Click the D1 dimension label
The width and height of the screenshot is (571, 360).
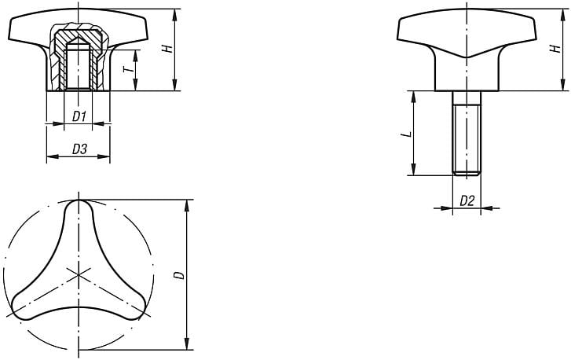(78, 116)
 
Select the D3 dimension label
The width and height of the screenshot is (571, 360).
(79, 149)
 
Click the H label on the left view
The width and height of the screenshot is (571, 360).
(166, 49)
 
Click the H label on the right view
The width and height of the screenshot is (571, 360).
(555, 49)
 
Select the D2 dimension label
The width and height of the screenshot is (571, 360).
(467, 201)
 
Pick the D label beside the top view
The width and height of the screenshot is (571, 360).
(178, 274)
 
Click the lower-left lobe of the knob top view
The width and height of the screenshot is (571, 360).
(24, 307)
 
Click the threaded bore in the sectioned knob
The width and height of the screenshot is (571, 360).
(77, 68)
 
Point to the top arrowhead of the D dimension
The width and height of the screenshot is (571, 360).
(187, 204)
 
